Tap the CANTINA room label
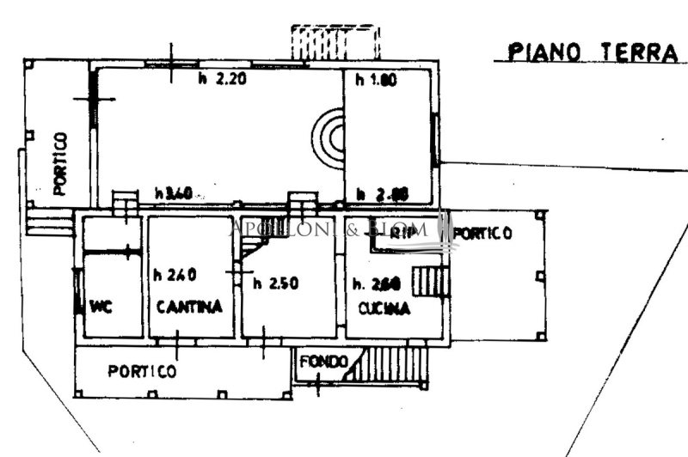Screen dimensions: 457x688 tap(190, 307)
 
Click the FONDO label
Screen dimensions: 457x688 tap(323, 362)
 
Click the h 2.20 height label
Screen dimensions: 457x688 tap(217, 79)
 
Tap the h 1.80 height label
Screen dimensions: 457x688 tap(372, 79)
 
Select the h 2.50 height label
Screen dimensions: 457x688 tap(275, 283)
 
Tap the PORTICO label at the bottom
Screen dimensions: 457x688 tap(142, 371)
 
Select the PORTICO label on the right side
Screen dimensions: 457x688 tap(482, 233)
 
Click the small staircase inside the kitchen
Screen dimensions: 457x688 tap(430, 282)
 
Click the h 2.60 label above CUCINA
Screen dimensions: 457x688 tap(372, 283)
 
